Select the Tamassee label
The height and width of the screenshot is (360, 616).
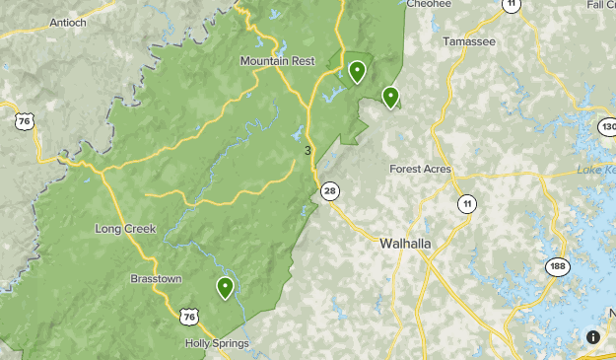click(x=467, y=42)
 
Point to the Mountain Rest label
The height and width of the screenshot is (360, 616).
click(x=277, y=61)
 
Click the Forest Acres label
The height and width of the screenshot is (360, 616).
click(x=420, y=169)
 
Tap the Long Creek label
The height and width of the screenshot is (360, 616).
click(x=125, y=229)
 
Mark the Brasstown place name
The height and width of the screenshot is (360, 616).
click(x=156, y=279)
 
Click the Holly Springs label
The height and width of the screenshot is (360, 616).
click(x=217, y=343)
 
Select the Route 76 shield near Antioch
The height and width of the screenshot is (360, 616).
click(x=24, y=121)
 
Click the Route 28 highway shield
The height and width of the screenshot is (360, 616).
click(x=329, y=190)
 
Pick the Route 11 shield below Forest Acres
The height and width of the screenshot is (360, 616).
click(x=464, y=204)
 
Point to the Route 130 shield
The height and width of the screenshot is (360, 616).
click(x=607, y=127)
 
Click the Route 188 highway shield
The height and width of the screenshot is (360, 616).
click(x=557, y=267)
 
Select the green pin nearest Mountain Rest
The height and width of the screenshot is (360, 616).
click(x=357, y=71)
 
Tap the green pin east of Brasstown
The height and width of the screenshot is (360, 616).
click(x=225, y=288)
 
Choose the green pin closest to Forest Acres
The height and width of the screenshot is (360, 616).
click(x=390, y=97)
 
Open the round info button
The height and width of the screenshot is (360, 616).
click(x=592, y=337)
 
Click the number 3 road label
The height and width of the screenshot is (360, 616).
click(x=308, y=150)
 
